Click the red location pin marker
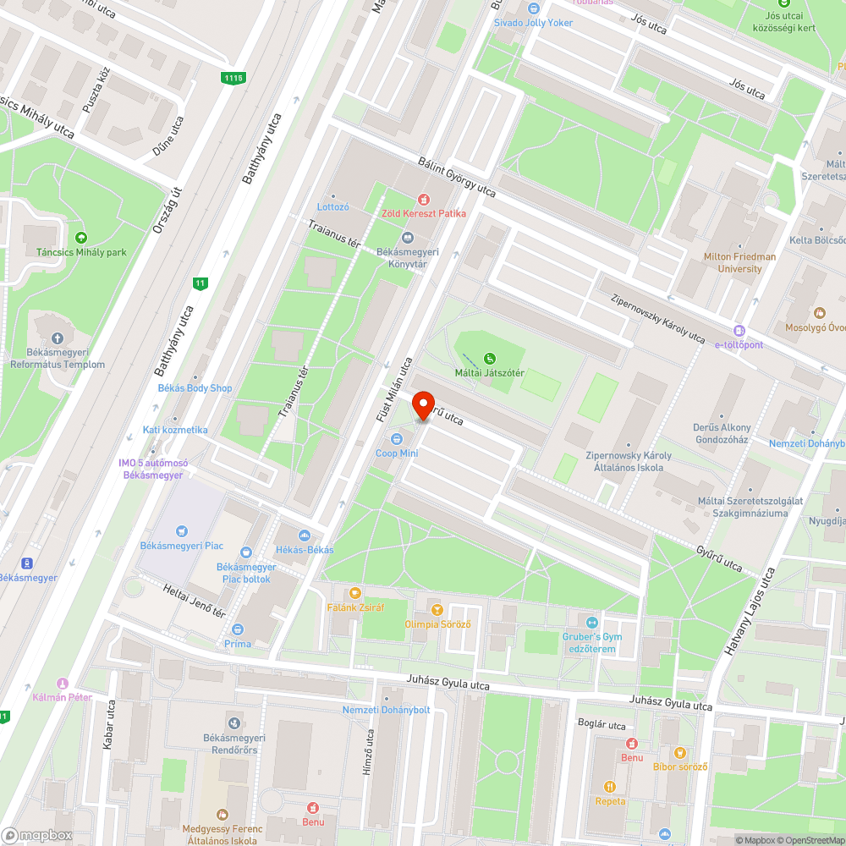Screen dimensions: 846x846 point(422,404)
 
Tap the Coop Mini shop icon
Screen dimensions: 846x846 point(397,438)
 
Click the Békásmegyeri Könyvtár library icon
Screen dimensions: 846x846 point(408,238)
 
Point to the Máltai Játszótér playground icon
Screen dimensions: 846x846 point(489,359)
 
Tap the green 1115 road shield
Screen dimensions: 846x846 point(233,78)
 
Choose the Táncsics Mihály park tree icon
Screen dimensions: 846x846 point(81,238)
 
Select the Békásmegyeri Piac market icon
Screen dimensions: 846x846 point(180,531)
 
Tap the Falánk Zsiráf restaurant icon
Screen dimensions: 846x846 point(354,592)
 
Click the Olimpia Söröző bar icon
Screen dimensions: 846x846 point(437,609)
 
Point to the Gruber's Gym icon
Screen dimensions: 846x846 point(592,622)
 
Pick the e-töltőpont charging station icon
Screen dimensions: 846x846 point(739,331)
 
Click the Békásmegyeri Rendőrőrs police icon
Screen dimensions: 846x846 point(233,722)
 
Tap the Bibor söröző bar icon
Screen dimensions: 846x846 point(679,752)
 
